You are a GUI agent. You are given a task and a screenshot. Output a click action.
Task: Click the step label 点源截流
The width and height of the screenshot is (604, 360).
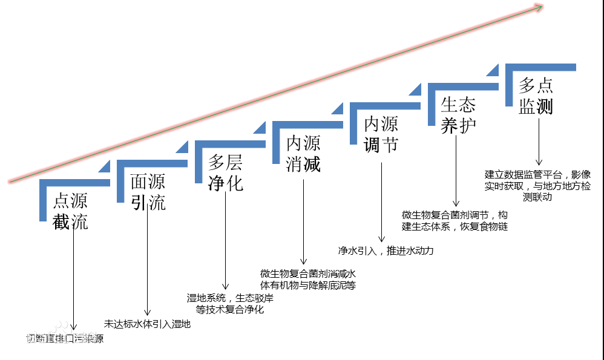71,211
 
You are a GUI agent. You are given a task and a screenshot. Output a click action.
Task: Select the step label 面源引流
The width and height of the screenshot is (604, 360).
148,192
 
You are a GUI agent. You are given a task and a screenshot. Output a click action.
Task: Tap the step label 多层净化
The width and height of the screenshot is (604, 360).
226,172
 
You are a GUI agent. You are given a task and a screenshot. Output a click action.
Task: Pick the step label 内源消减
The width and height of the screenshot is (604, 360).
303,153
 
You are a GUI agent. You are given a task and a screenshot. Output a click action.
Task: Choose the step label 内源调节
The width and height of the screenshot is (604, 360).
381,134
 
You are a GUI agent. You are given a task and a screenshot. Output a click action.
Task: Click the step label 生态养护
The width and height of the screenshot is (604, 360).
458,114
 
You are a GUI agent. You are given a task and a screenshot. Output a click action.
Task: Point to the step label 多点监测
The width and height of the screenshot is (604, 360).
536,95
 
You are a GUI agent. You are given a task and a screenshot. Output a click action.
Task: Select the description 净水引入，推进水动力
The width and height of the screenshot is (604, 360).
386,250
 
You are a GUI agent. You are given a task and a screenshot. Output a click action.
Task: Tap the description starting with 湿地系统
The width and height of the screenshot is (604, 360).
226,303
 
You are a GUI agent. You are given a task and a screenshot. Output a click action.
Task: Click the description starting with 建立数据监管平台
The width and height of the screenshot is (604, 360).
537,184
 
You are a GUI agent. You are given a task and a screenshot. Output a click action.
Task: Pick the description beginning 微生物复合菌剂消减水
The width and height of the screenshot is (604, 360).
307,279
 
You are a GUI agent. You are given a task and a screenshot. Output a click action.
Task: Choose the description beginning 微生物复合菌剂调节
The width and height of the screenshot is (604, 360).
455,220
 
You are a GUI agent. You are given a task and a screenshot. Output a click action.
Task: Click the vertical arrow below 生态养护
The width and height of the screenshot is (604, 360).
457,169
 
